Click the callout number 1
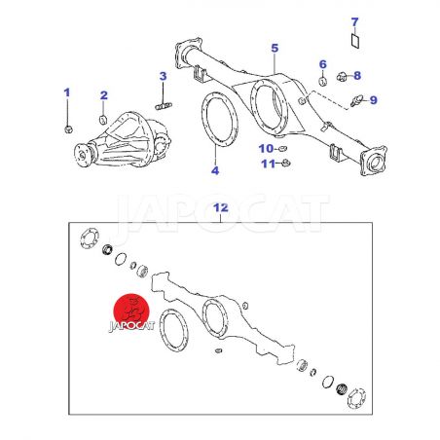[67, 92]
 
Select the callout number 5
[275, 49]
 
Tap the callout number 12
[221, 207]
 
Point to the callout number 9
[374, 100]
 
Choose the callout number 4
[215, 170]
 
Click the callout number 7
[354, 22]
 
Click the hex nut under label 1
[68, 129]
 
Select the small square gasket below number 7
[355, 41]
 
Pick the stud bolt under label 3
[164, 106]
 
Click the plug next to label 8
[341, 77]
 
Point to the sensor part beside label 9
[355, 100]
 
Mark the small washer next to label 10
[282, 149]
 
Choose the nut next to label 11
[285, 163]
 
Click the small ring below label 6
[322, 82]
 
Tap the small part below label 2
[103, 120]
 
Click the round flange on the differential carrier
[82, 155]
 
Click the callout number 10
[266, 149]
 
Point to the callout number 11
[268, 164]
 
